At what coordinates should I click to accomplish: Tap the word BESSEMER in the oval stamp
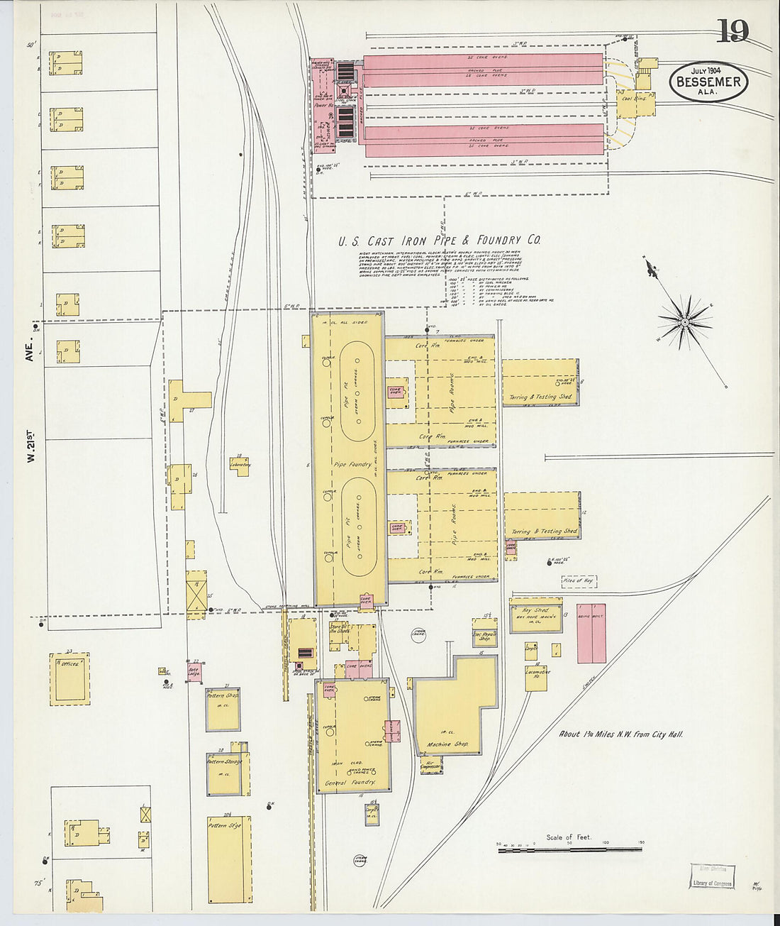point(708,82)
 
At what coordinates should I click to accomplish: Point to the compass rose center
point(685,323)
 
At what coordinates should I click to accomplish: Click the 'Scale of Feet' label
point(569,837)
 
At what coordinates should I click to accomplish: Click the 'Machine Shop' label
point(447,745)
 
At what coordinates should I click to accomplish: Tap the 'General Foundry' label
point(349,783)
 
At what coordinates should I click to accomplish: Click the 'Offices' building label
point(69,664)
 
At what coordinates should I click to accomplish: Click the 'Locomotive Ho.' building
point(537,676)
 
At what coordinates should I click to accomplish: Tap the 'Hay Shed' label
point(536,610)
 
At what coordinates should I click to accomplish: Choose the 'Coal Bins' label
point(635,99)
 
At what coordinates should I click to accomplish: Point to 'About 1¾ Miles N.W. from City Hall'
point(620,734)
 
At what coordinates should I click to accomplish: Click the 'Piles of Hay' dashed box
point(578,581)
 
